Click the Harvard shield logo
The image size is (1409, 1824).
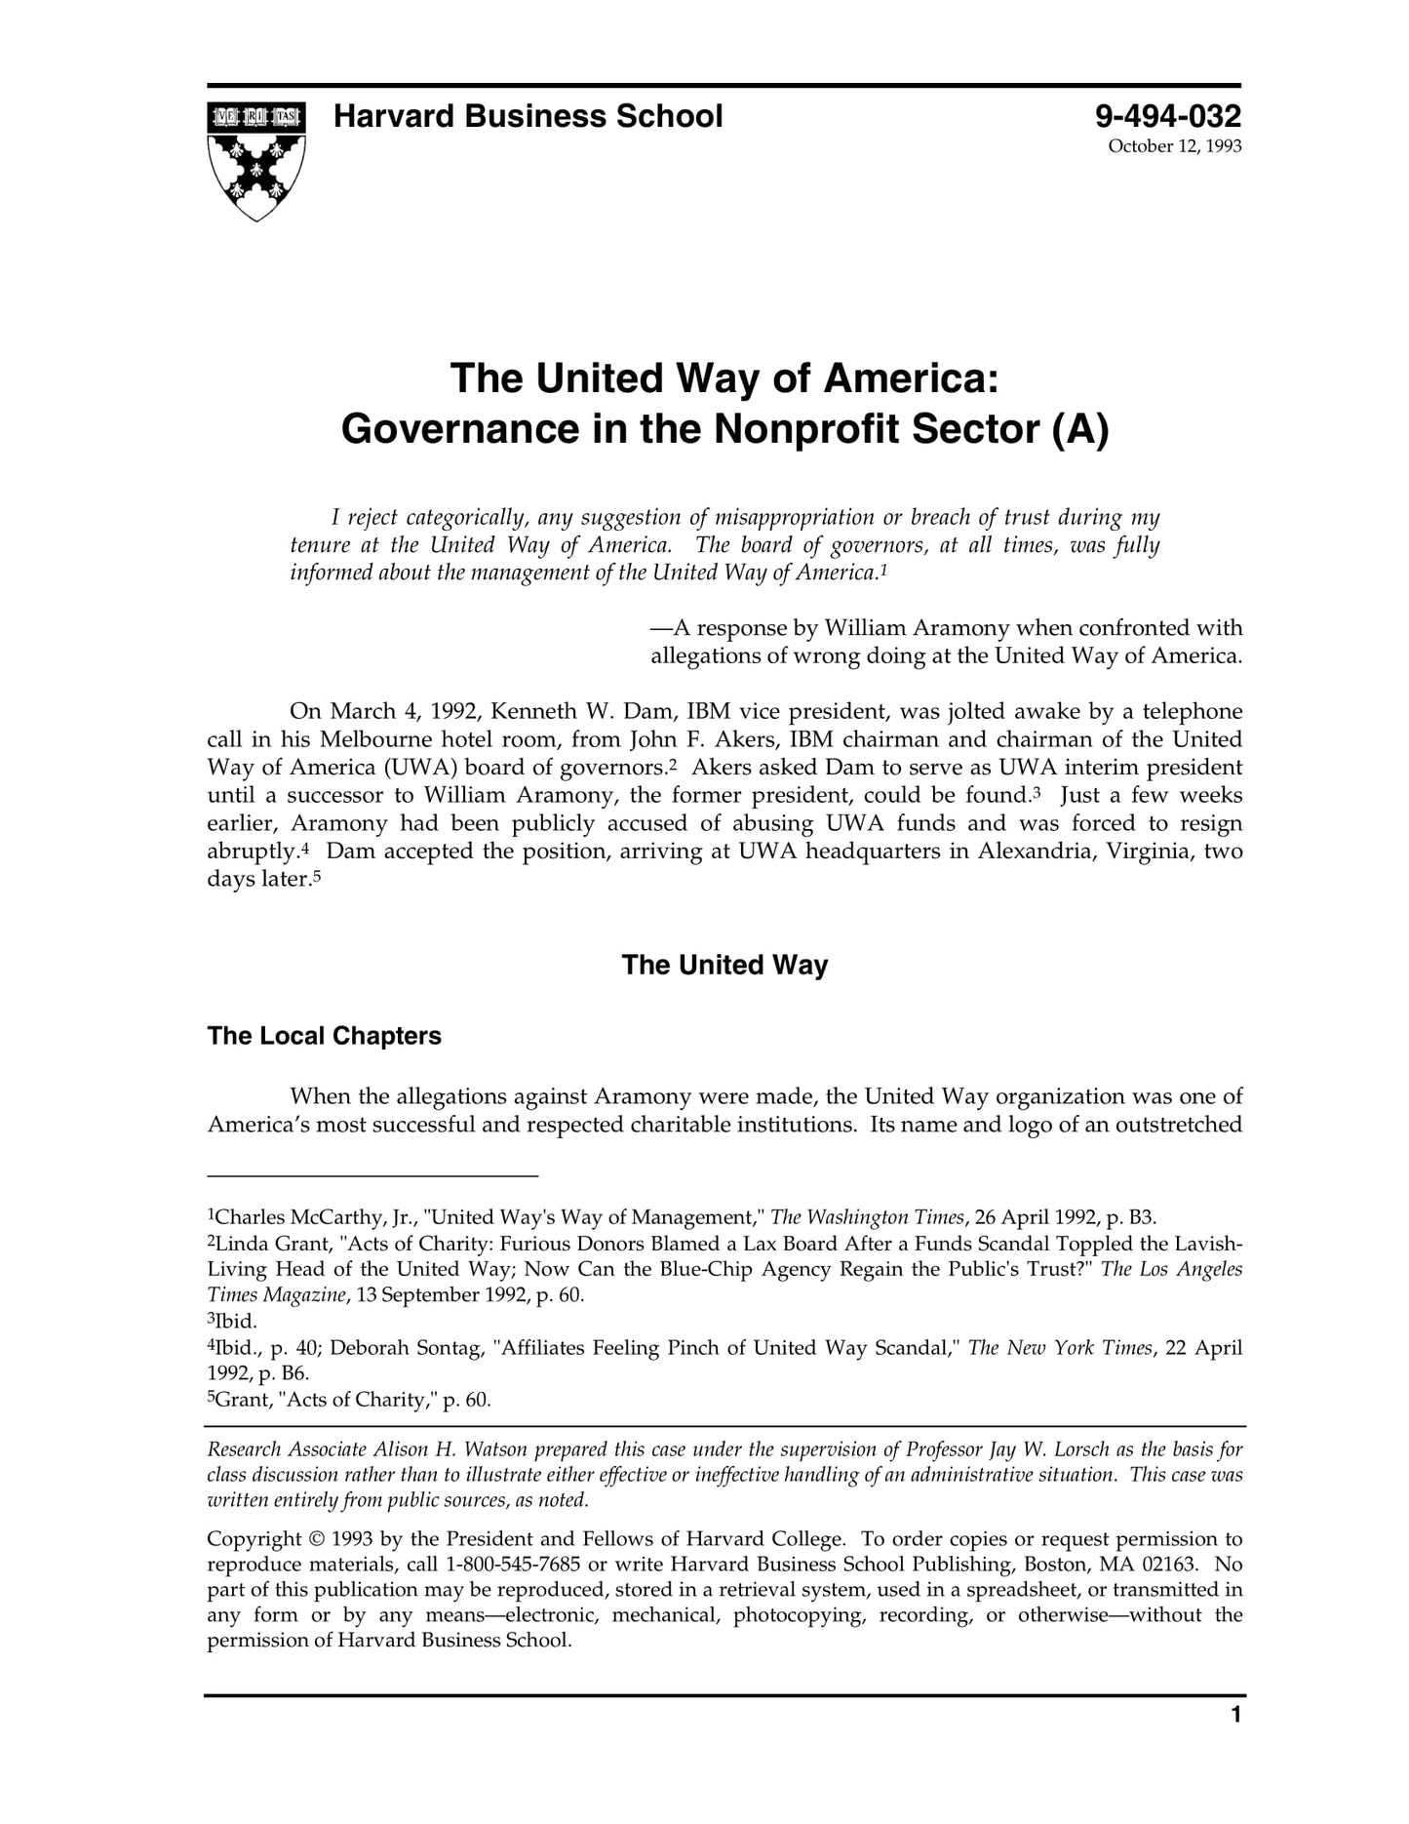(255, 160)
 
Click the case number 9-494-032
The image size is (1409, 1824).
(1167, 117)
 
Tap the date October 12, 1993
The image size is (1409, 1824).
(1174, 147)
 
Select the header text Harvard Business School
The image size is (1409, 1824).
(528, 117)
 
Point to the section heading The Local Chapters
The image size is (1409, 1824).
(324, 1036)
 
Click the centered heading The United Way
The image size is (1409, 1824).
(724, 966)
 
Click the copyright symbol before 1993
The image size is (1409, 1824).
(316, 1539)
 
